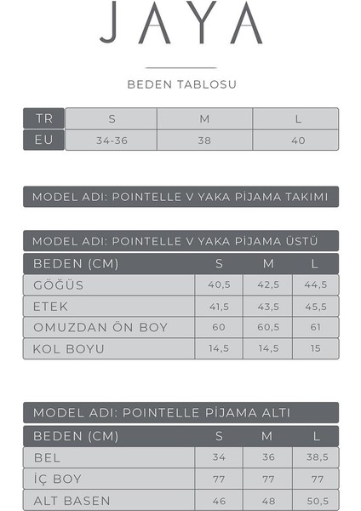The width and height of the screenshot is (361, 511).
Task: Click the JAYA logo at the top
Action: click(180, 26)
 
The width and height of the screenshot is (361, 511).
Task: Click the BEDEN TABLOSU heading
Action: click(181, 85)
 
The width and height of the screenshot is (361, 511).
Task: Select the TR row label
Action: click(43, 118)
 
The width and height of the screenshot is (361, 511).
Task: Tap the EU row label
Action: click(43, 140)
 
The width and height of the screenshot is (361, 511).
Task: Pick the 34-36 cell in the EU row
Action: click(112, 140)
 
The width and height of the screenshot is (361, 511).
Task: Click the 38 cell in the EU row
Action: click(204, 140)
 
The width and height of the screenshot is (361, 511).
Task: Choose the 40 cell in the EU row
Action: click(297, 140)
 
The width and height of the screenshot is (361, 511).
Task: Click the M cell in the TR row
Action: click(204, 118)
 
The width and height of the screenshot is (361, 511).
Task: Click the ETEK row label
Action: click(50, 307)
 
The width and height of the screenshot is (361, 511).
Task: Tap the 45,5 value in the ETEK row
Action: click(316, 307)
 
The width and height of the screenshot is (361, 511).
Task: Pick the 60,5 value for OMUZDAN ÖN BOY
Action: click(267, 328)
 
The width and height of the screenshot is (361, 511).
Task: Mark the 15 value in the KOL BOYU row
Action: click(316, 349)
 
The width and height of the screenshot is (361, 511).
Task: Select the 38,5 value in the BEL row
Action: click(316, 457)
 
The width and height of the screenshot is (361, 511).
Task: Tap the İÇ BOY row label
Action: click(57, 479)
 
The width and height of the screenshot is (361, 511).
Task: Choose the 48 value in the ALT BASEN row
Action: click(267, 500)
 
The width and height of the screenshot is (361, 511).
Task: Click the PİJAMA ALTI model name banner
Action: click(180, 413)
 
